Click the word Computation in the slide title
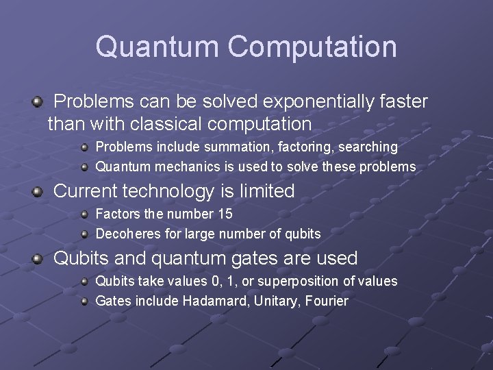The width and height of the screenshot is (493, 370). (x=312, y=47)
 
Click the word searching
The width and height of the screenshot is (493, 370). (x=365, y=147)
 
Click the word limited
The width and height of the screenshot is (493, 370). (x=263, y=191)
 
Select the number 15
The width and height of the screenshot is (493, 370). (x=225, y=214)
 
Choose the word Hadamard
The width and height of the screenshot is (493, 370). (x=209, y=301)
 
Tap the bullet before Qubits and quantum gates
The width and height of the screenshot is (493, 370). (x=37, y=259)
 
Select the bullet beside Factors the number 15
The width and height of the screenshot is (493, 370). (x=84, y=214)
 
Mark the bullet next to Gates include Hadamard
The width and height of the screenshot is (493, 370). (x=84, y=301)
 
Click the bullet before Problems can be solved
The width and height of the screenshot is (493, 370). (x=37, y=103)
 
